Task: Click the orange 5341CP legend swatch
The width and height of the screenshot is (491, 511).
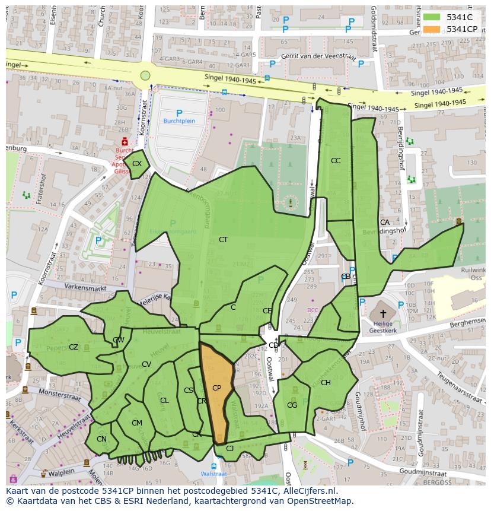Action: pos(432,29)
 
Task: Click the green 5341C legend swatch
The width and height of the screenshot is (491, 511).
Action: pos(432,18)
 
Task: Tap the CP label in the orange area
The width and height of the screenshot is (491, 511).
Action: pos(216,388)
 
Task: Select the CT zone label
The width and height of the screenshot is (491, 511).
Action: pos(223,240)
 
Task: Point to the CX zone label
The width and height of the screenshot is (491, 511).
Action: pos(137,164)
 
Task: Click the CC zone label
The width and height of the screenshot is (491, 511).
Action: pos(336,161)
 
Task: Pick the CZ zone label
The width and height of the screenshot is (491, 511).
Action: pos(74,347)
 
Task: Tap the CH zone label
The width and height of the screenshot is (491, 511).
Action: pos(326,383)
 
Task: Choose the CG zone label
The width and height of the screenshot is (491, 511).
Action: pos(292,405)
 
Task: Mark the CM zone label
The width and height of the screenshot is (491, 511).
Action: pos(137,423)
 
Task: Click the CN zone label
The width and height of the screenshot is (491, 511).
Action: pos(101,440)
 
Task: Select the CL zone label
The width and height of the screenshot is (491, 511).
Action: pos(164,401)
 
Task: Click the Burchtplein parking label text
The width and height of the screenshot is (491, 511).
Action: pos(179,121)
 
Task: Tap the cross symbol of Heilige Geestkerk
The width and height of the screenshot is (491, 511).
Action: pos(383,313)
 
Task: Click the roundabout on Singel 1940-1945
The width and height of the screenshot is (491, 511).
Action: pos(145,75)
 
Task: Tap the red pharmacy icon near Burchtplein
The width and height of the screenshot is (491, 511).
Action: pos(125,142)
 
